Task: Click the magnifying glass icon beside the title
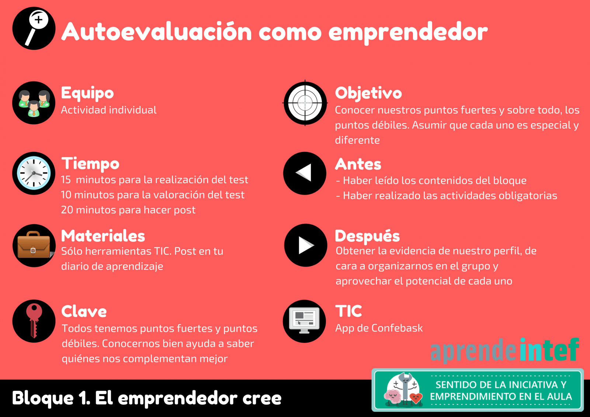(x=34, y=28)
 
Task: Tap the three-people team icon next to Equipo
(x=34, y=103)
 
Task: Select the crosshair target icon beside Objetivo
(x=305, y=103)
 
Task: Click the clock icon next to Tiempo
(x=34, y=173)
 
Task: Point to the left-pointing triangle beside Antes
(x=305, y=173)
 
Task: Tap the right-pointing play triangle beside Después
(x=306, y=245)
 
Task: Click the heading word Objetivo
(x=368, y=93)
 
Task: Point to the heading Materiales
(x=103, y=236)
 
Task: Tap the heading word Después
(x=367, y=236)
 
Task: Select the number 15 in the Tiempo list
(x=66, y=180)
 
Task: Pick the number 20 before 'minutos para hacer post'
(x=67, y=210)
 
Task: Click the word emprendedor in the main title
(x=408, y=32)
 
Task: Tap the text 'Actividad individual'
(x=109, y=110)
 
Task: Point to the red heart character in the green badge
(x=416, y=398)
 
